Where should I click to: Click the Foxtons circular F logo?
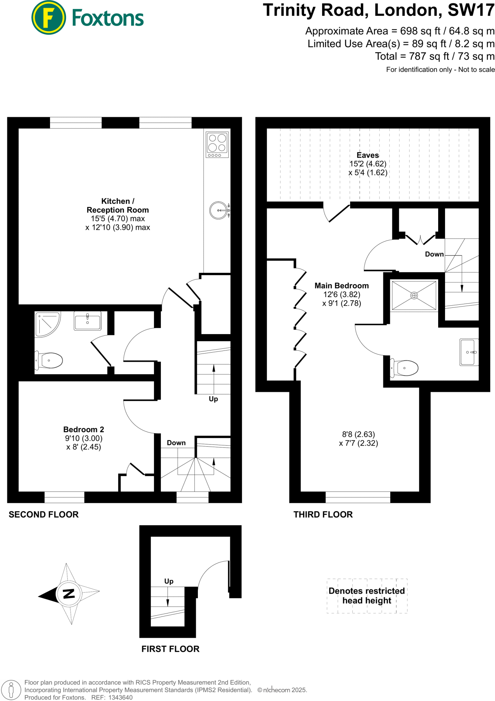click(x=49, y=18)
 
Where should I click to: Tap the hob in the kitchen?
click(x=217, y=144)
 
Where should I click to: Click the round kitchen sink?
click(x=219, y=210)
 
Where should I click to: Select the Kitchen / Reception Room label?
click(x=118, y=205)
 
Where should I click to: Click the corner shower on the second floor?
click(x=47, y=323)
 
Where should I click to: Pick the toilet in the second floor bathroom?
click(x=49, y=360)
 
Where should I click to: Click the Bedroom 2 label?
click(x=84, y=429)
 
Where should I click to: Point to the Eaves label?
click(x=368, y=155)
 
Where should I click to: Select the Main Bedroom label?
click(x=342, y=285)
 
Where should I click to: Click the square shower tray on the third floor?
click(x=414, y=295)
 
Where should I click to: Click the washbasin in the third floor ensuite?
click(x=469, y=352)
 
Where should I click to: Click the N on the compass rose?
click(x=69, y=594)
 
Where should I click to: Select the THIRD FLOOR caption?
click(x=323, y=514)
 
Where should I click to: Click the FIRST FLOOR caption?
click(x=170, y=649)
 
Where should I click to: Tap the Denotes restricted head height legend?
click(x=367, y=596)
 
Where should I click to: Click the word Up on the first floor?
click(x=169, y=581)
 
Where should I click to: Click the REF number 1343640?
click(x=120, y=697)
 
